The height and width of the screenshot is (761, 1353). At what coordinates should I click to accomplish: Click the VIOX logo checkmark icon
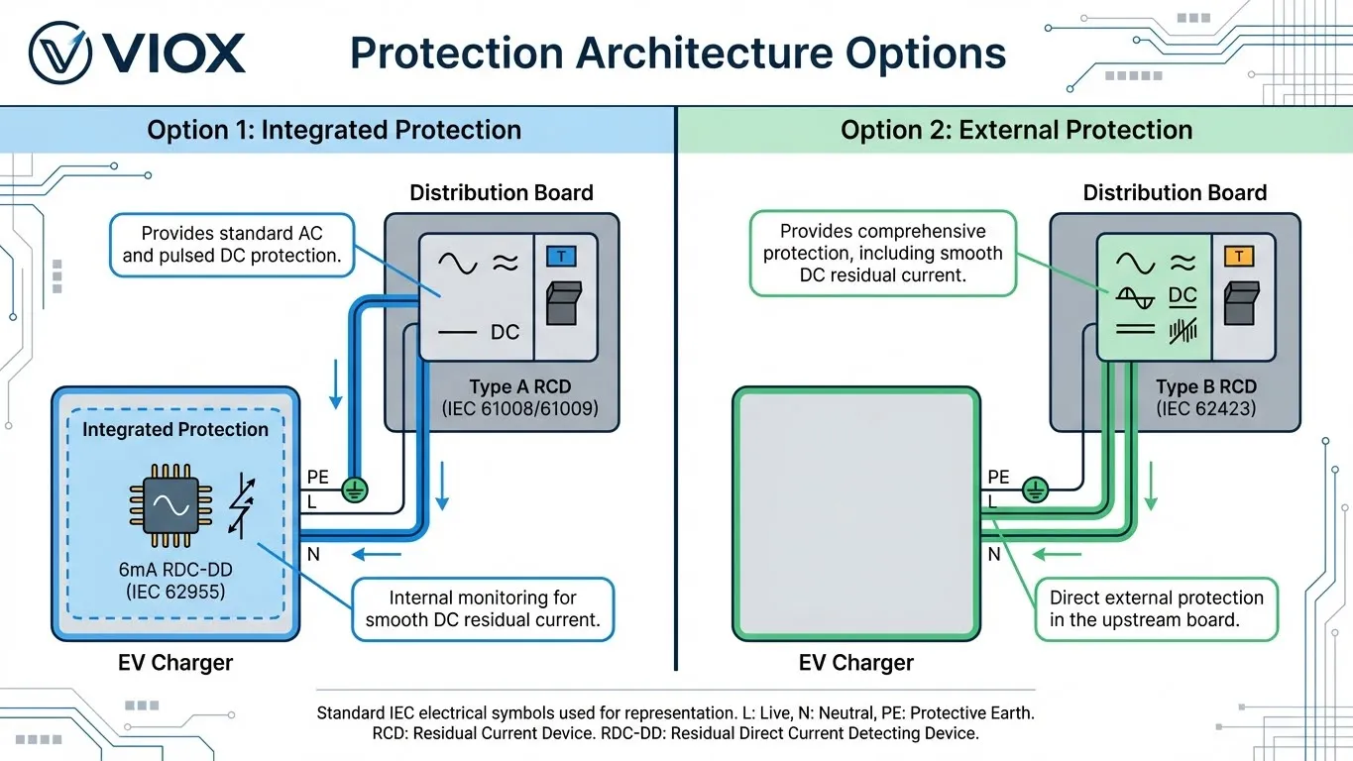coord(62,53)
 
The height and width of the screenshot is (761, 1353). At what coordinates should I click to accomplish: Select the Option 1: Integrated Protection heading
coord(334,130)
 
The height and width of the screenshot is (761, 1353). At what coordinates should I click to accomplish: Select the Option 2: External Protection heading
coord(1016,130)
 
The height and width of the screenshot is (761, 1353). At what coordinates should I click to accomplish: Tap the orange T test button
coord(1239,258)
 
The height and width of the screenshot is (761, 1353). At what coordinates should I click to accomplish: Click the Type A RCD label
coord(519,386)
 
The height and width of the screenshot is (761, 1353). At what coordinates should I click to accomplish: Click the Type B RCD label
coord(1205,386)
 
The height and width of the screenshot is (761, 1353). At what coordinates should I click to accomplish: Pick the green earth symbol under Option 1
coord(354,488)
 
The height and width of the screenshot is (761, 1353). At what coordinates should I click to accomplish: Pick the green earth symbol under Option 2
coord(1035,488)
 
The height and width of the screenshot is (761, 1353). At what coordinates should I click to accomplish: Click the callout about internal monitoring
coord(484,609)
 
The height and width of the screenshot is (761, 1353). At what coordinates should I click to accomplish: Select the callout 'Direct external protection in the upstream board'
coord(1156,609)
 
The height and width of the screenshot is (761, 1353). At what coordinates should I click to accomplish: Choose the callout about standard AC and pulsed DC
coord(232,245)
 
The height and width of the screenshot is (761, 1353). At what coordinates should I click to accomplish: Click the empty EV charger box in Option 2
coord(855,514)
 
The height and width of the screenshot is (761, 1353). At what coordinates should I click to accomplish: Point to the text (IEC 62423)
coord(1205,407)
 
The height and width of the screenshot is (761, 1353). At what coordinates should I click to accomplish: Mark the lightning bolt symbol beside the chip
coord(242,505)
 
